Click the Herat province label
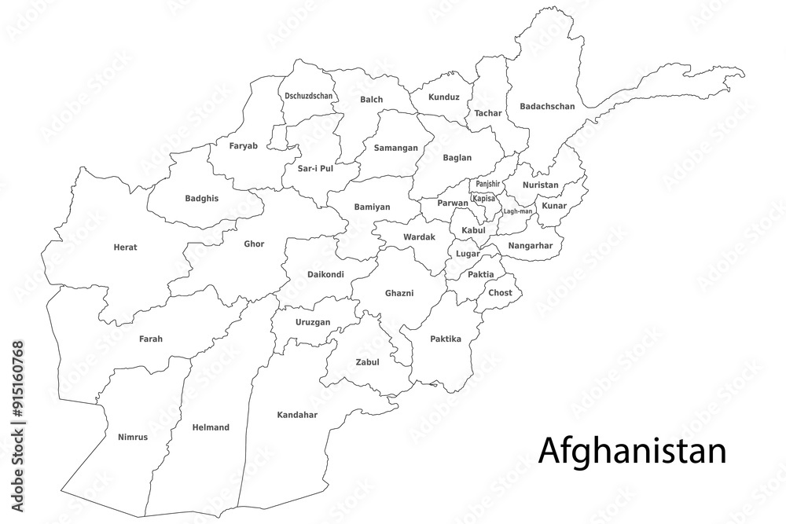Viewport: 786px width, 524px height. [x=125, y=247]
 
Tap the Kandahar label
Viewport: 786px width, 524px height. [x=297, y=414]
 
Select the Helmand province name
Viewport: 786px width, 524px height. [x=211, y=427]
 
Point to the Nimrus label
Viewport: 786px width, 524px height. [x=132, y=436]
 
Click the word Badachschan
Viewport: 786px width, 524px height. [x=547, y=106]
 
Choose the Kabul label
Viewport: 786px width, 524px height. [x=474, y=229]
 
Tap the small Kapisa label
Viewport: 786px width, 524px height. [x=484, y=199]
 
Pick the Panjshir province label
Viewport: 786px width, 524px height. [x=487, y=184]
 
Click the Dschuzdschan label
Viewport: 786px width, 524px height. [x=309, y=96]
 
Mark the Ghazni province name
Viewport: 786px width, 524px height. [x=399, y=293]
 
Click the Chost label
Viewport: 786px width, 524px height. [x=500, y=292]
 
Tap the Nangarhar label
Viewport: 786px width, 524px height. [x=531, y=245]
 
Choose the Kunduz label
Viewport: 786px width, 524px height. [x=444, y=97]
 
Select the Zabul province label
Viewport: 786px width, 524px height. [x=367, y=362]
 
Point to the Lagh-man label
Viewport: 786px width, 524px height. [x=518, y=211]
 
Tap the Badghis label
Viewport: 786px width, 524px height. [x=202, y=198]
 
